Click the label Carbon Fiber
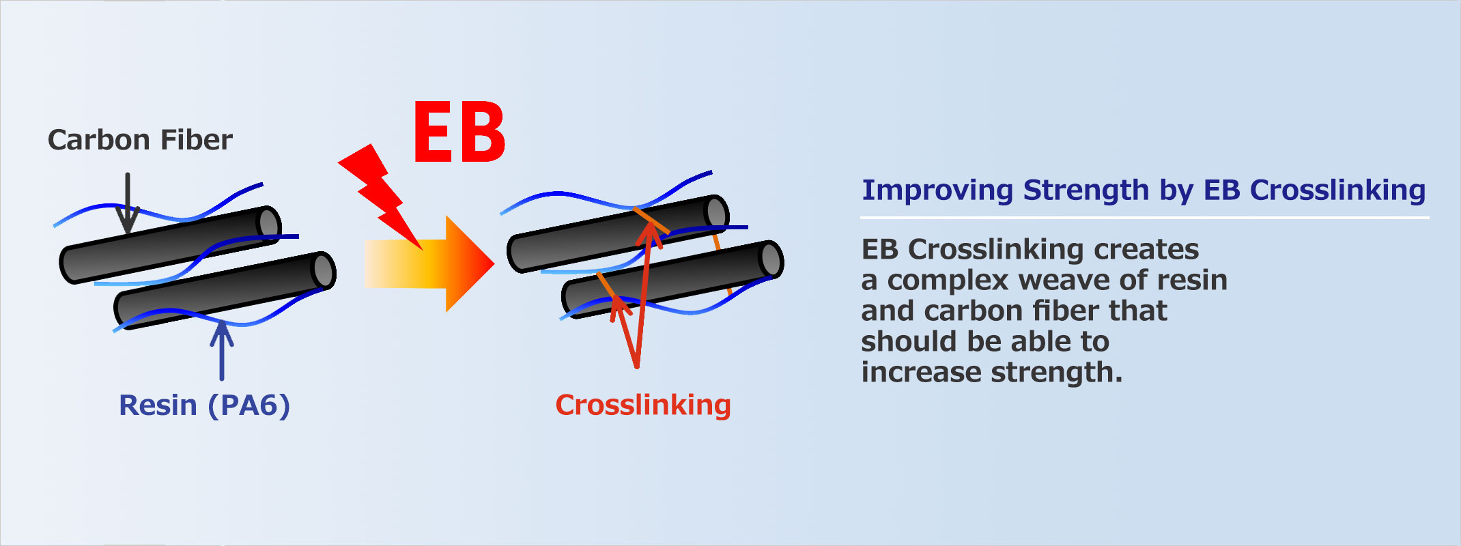pos(140,140)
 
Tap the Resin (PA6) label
pos(204,405)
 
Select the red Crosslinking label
pos(643,405)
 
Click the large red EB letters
pos(459,132)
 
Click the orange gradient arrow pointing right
pos(429,263)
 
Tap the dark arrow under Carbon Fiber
pos(128,203)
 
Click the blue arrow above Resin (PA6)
pos(221,350)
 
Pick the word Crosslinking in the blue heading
pos(1337,190)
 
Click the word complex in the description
pos(948,281)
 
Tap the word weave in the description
pos(1055,280)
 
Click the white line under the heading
pos(1144,218)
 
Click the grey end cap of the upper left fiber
pos(269,223)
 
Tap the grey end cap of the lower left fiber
pos(324,270)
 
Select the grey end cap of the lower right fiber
pos(771,259)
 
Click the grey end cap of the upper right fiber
pos(716,212)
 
